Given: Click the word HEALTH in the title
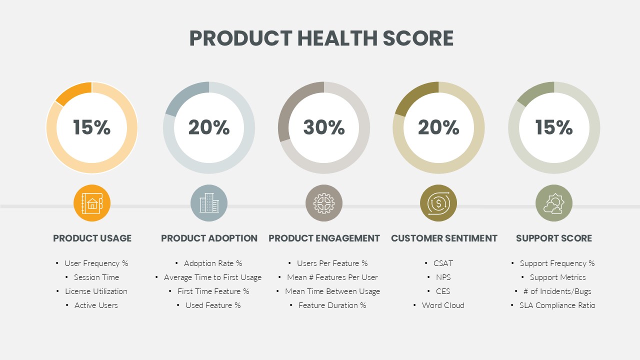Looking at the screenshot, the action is coord(337,38).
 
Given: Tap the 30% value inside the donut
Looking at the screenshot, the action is coord(324,127).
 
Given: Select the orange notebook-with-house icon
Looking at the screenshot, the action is coord(92,203).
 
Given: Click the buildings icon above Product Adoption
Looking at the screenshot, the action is coord(209,203).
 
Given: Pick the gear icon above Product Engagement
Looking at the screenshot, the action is coord(324,203).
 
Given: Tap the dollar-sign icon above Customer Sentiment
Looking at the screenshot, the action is coord(438,203).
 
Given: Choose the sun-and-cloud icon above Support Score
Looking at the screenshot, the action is coord(554,203).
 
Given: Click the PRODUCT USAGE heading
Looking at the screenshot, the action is coord(92,238).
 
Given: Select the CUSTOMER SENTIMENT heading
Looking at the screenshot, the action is coord(444,238).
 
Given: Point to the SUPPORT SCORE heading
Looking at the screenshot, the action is coord(554,238).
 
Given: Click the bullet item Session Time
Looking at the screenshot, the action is coord(96,277).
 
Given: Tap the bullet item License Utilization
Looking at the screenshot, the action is coord(96,291).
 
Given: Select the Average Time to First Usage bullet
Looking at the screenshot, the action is coord(212,277).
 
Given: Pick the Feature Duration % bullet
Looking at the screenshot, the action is coord(332,305).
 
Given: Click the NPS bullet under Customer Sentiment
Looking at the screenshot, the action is coord(443,277).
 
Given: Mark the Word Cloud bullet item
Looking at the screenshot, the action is coord(443,305).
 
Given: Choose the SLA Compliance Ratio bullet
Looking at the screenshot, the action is coord(557,305).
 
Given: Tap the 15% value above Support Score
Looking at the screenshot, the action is coord(554,127).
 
